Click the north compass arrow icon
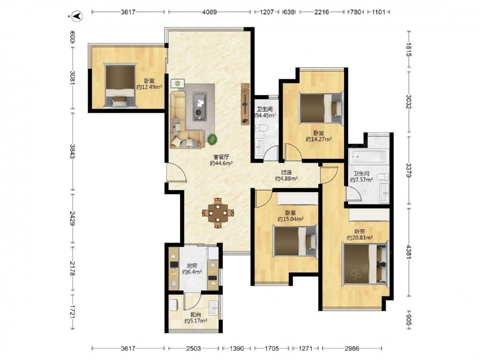pyautogui.click(x=77, y=16)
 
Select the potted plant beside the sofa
pyautogui.click(x=212, y=140)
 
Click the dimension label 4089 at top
pyautogui.click(x=209, y=12)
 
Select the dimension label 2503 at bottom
pyautogui.click(x=193, y=348)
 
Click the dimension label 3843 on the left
pyautogui.click(x=72, y=152)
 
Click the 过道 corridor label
pyautogui.click(x=286, y=173)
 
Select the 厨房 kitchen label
pyautogui.click(x=192, y=266)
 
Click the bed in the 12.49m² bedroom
pyautogui.click(x=120, y=85)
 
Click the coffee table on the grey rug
pyautogui.click(x=200, y=106)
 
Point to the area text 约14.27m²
pyautogui.click(x=319, y=139)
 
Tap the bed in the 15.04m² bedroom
pyautogui.click(x=295, y=240)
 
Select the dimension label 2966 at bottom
pyautogui.click(x=352, y=348)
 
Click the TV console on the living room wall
pyautogui.click(x=245, y=104)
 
